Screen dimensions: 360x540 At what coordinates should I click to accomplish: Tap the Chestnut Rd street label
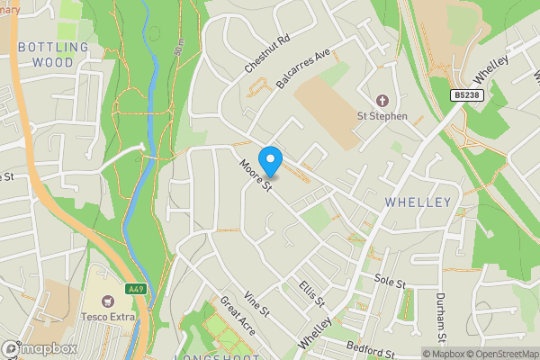pos(267,55)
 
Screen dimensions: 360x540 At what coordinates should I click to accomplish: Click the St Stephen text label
pos(382,116)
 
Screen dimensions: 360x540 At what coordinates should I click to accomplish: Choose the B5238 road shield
pos(465,94)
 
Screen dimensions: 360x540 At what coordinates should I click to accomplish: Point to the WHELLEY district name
pos(417,202)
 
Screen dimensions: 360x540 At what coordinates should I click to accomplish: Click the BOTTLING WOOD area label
pos(53,55)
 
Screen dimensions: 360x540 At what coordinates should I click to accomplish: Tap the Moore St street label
pos(256,175)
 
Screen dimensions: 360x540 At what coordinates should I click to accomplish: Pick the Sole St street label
pos(391,284)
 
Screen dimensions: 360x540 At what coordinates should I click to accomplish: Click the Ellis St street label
pos(312,293)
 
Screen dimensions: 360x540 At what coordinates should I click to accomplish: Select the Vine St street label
pos(256,305)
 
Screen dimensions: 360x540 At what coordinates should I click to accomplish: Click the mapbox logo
pos(39,348)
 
